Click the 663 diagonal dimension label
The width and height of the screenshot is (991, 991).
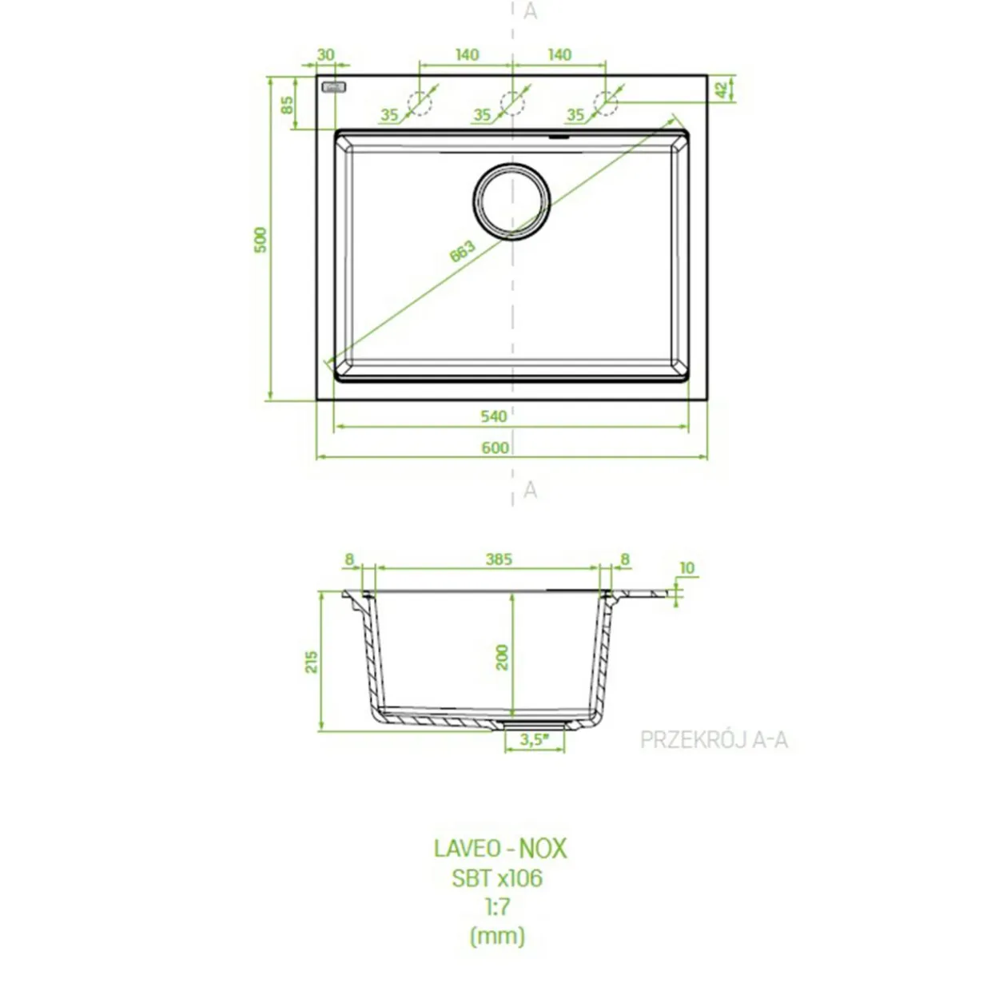click(x=462, y=251)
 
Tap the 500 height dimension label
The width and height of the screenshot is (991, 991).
click(x=261, y=241)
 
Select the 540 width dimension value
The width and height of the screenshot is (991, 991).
click(x=494, y=416)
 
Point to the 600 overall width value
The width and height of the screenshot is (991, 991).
click(x=495, y=448)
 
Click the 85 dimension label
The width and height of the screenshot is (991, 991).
click(x=288, y=105)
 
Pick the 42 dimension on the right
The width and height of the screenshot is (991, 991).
click(x=722, y=90)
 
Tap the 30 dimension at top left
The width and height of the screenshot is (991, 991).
click(x=326, y=54)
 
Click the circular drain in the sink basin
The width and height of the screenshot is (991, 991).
click(x=511, y=201)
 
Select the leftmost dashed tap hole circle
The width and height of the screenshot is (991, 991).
click(x=420, y=103)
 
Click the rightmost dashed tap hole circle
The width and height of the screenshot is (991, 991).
click(x=606, y=103)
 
